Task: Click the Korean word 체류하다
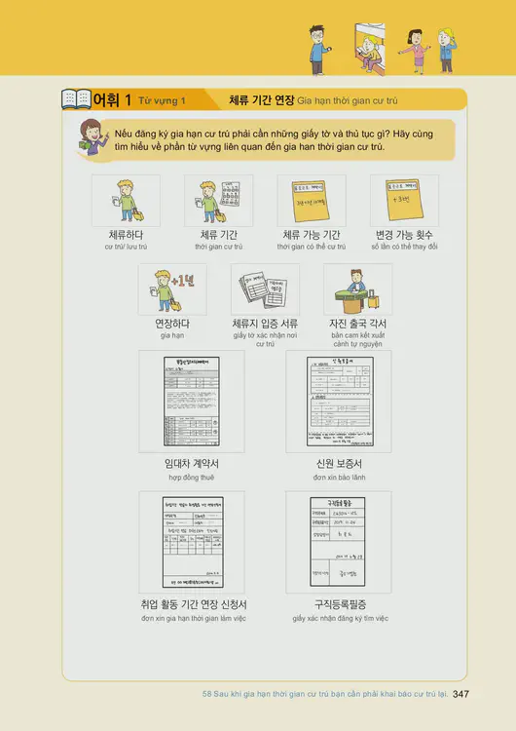point(126,235)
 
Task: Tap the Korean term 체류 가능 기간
point(311,235)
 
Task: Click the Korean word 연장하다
point(172,324)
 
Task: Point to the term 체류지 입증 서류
point(265,324)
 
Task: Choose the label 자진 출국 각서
point(357,324)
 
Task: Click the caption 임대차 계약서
point(192,464)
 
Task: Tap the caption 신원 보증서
point(339,464)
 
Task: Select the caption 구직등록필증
point(340,604)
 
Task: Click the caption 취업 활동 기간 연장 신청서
point(193,604)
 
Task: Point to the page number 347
point(461,694)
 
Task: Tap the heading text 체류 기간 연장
point(260,99)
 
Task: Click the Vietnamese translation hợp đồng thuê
point(191,479)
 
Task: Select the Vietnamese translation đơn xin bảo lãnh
point(339,479)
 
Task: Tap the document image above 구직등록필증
point(339,542)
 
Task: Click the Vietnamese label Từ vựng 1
point(162,100)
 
